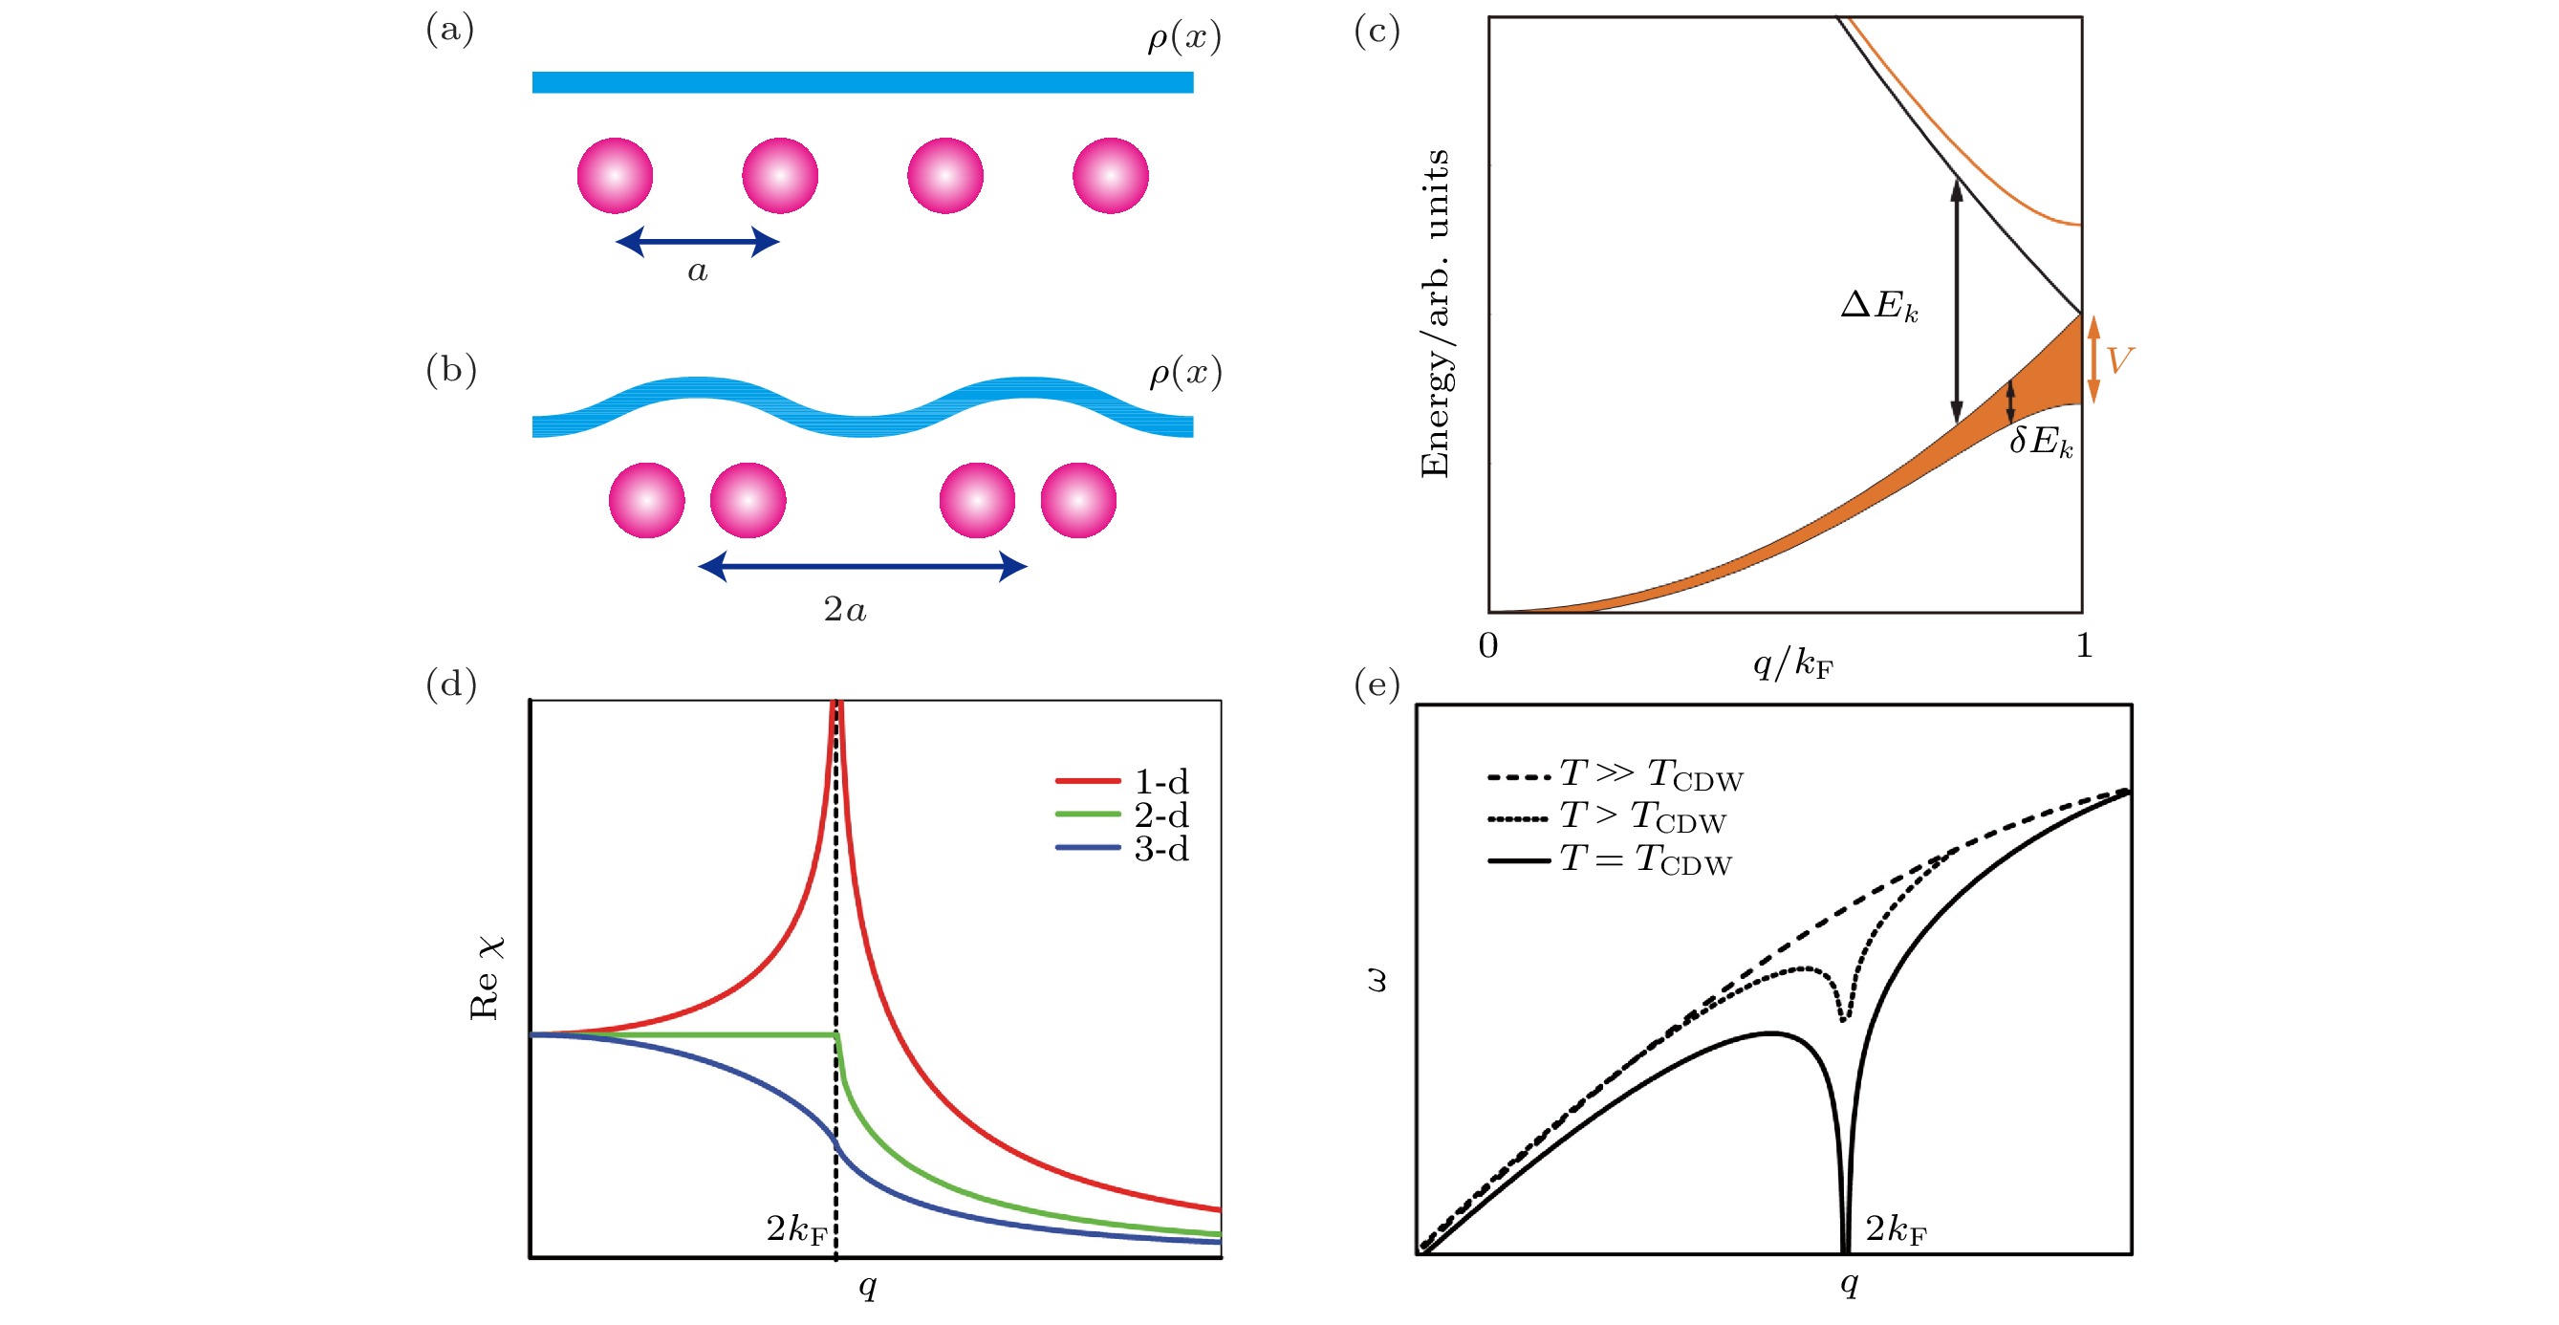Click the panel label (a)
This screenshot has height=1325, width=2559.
(x=450, y=30)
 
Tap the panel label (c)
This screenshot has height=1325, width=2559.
(x=1377, y=31)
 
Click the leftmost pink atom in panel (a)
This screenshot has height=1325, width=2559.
(x=615, y=176)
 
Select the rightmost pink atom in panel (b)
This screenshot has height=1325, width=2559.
(x=1078, y=501)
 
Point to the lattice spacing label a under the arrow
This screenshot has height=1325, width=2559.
(x=698, y=271)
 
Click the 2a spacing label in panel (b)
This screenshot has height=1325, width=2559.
(x=844, y=609)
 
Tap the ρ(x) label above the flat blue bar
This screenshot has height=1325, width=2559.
(x=1183, y=37)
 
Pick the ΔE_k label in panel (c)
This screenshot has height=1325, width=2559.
(x=1878, y=305)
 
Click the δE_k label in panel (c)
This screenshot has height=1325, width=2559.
(x=2041, y=441)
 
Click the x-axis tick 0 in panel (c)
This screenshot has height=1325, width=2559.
(x=1488, y=645)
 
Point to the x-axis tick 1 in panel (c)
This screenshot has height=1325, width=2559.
(x=2084, y=645)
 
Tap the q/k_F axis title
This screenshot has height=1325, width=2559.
(x=1792, y=662)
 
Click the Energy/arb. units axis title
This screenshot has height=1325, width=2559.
(x=1436, y=314)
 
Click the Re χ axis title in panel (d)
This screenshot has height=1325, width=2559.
(x=486, y=977)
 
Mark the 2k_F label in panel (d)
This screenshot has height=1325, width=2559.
(x=795, y=1229)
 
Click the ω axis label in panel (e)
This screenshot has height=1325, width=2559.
(x=1377, y=982)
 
